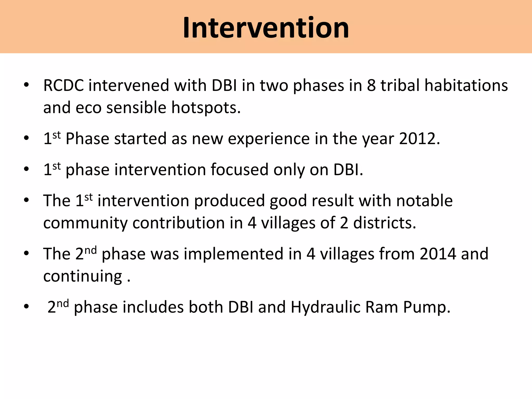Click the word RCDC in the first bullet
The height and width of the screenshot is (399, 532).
pyautogui.click(x=63, y=85)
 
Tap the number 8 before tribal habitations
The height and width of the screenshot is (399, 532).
pyautogui.click(x=371, y=85)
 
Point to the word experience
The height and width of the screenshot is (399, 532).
pyautogui.click(x=269, y=139)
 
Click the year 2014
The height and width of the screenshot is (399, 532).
pyautogui.click(x=438, y=254)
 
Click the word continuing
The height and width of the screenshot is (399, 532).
pyautogui.click(x=82, y=276)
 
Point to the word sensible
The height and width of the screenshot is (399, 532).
pyautogui.click(x=136, y=108)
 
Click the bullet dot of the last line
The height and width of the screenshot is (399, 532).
pyautogui.click(x=26, y=307)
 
